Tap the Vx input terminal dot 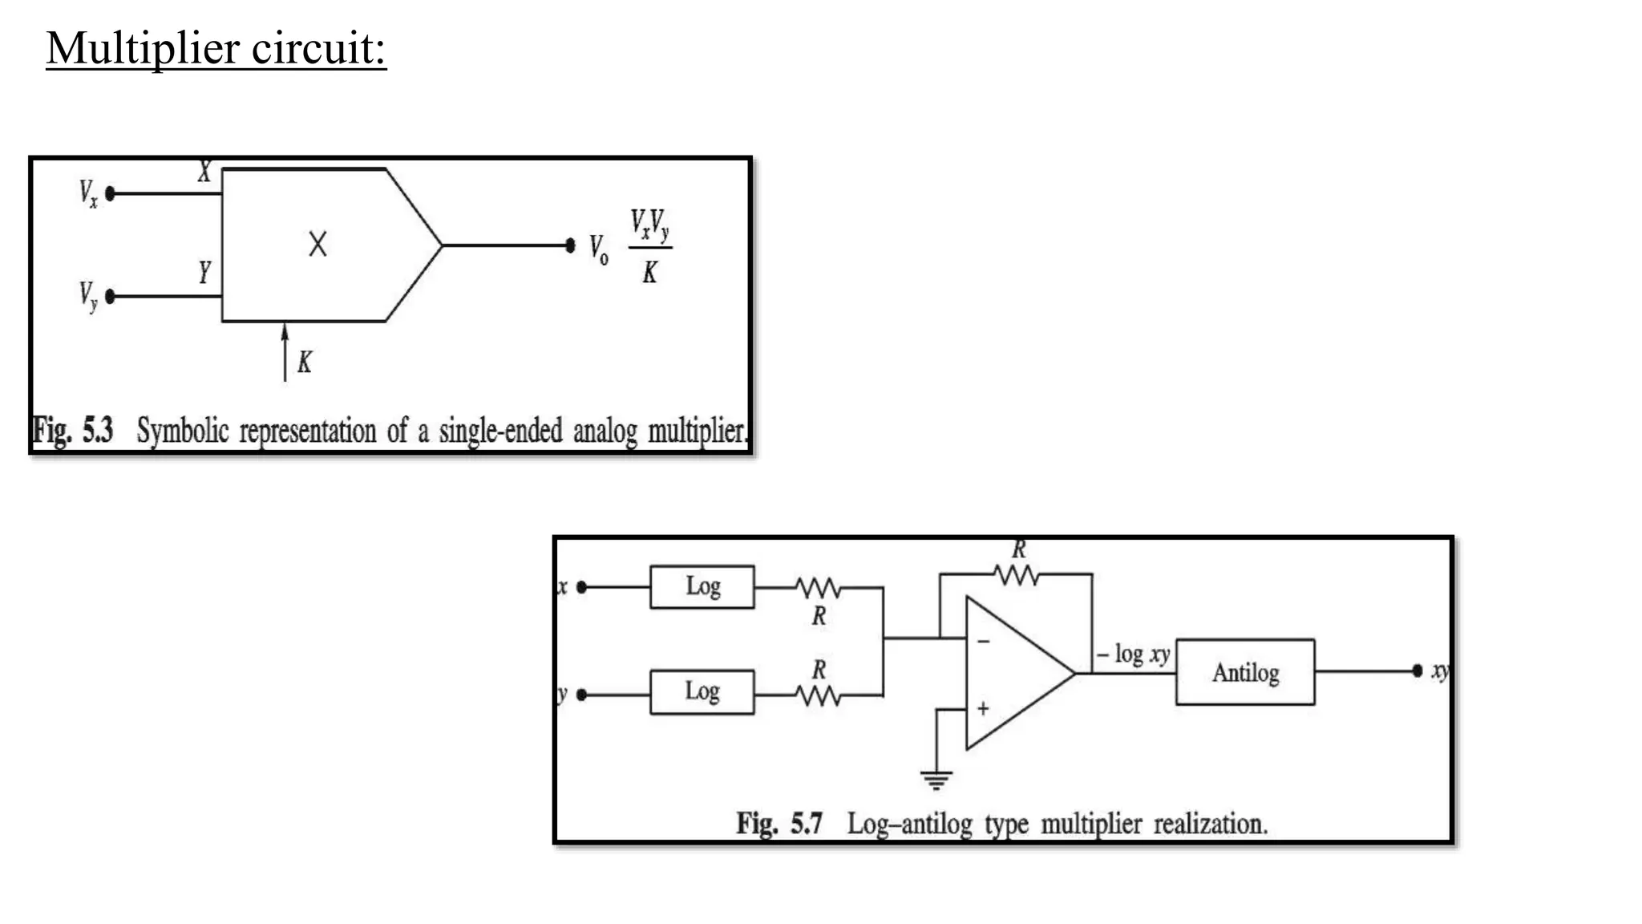pyautogui.click(x=111, y=193)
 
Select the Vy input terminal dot pyautogui.click(x=111, y=297)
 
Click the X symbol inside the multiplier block pyautogui.click(x=317, y=244)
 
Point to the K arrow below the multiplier pyautogui.click(x=285, y=353)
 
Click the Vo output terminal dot pyautogui.click(x=570, y=245)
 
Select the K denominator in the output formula pyautogui.click(x=649, y=274)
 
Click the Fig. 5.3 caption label pyautogui.click(x=72, y=432)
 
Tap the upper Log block pyautogui.click(x=702, y=587)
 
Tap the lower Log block pyautogui.click(x=702, y=692)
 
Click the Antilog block pyautogui.click(x=1244, y=672)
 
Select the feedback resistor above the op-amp pyautogui.click(x=1016, y=574)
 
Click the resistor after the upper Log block pyautogui.click(x=818, y=589)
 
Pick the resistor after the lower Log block pyautogui.click(x=818, y=695)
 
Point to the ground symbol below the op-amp pyautogui.click(x=936, y=779)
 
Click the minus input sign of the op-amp pyautogui.click(x=984, y=642)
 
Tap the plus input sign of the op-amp pyautogui.click(x=983, y=708)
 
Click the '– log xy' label pyautogui.click(x=1133, y=654)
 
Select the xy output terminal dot pyautogui.click(x=1417, y=671)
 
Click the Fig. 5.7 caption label pyautogui.click(x=779, y=824)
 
